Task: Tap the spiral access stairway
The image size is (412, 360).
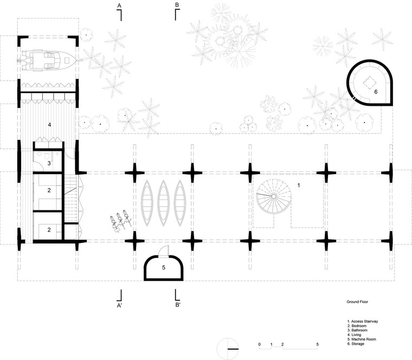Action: [274, 196]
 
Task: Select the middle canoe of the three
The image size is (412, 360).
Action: [163, 203]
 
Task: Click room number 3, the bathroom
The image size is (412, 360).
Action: [49, 163]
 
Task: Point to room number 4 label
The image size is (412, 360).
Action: [49, 125]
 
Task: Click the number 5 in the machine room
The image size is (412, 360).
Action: [163, 267]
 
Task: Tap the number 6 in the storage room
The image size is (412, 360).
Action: [376, 92]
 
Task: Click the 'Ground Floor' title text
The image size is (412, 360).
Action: [357, 301]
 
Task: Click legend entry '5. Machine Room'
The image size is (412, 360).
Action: [362, 339]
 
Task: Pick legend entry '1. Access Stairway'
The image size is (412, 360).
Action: [363, 321]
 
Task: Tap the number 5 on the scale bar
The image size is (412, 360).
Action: [318, 344]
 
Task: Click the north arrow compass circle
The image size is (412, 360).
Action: [228, 349]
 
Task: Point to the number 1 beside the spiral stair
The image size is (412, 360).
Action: [299, 185]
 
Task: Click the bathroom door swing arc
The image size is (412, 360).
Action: [38, 166]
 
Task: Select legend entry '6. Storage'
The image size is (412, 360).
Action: [356, 344]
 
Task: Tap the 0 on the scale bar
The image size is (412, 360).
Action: [259, 344]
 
